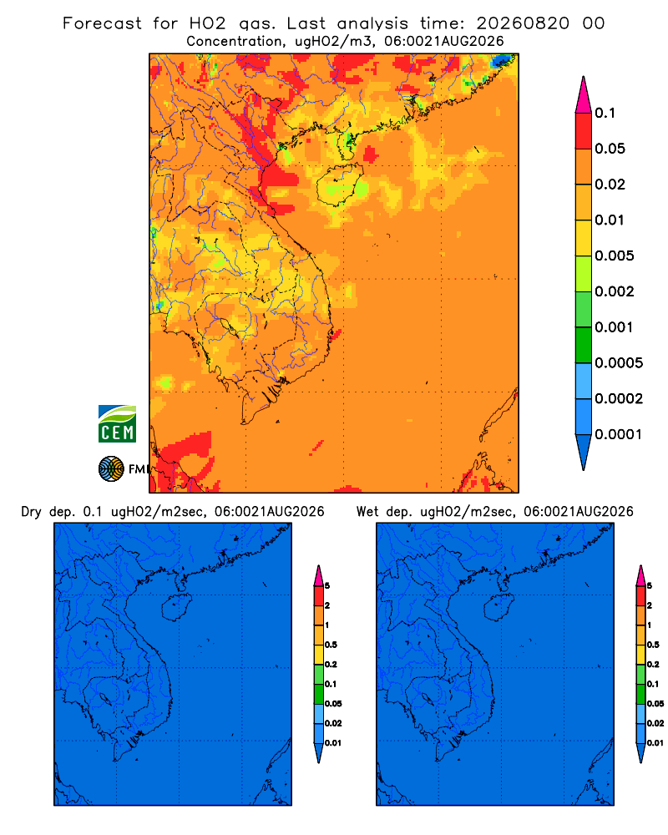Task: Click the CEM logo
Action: tap(117, 423)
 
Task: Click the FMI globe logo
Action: tap(111, 468)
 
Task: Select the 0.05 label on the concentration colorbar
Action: tap(610, 149)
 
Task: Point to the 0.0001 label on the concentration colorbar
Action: tap(619, 434)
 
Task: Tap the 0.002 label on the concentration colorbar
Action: tap(615, 291)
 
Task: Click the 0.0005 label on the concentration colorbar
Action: tap(619, 363)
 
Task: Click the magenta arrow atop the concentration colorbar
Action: tap(584, 95)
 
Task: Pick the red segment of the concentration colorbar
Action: tap(584, 131)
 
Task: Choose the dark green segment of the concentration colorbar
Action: tap(584, 345)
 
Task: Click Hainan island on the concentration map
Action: tap(340, 185)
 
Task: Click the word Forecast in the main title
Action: tap(102, 23)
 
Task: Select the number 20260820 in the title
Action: tap(523, 23)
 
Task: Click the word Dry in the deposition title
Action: tap(32, 512)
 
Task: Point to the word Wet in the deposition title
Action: tap(368, 512)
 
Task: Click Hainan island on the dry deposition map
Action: tap(177, 608)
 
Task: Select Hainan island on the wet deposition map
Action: tap(499, 608)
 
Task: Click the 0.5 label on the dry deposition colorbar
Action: tap(331, 645)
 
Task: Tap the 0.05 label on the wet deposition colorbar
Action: tap(655, 704)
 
